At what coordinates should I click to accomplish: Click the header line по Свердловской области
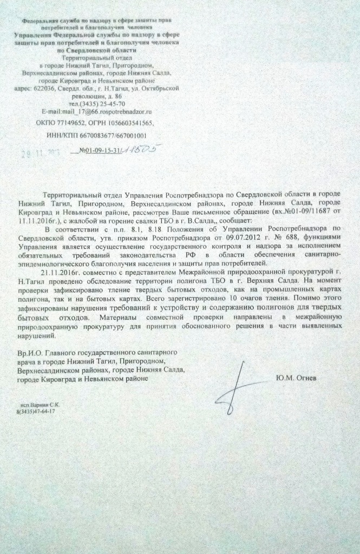97,49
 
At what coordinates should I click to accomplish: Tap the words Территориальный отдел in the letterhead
97,57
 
